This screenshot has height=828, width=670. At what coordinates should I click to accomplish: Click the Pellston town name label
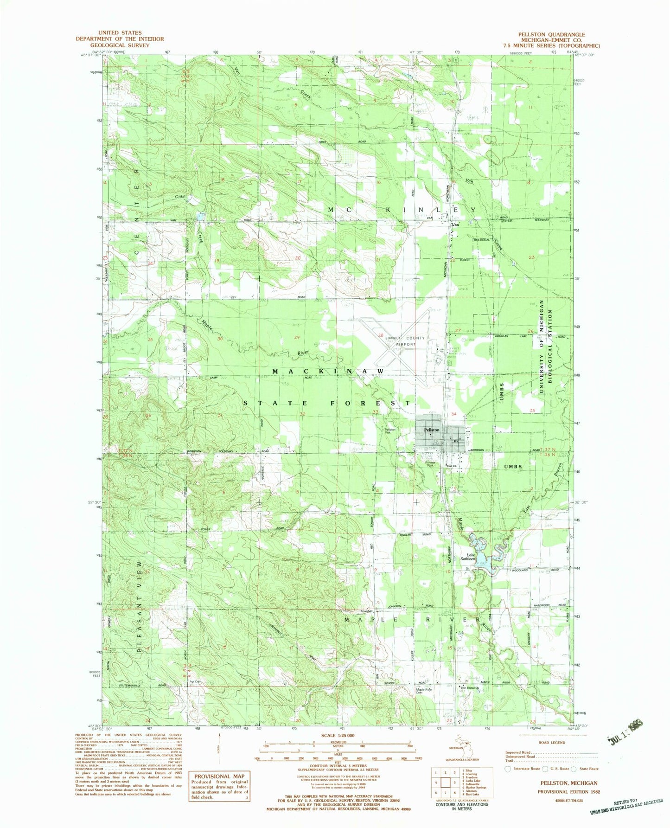click(432, 430)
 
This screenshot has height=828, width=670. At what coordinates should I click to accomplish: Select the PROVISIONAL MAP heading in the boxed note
click(219, 776)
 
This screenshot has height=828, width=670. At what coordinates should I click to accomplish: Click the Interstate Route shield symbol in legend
click(509, 769)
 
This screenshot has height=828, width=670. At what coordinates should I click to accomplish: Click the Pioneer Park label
click(430, 463)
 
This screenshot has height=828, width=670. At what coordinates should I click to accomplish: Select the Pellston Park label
click(389, 430)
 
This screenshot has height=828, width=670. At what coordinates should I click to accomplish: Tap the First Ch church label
click(452, 466)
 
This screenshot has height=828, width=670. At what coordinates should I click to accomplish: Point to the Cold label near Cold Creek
click(180, 197)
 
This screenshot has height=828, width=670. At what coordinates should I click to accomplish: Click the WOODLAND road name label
click(520, 570)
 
